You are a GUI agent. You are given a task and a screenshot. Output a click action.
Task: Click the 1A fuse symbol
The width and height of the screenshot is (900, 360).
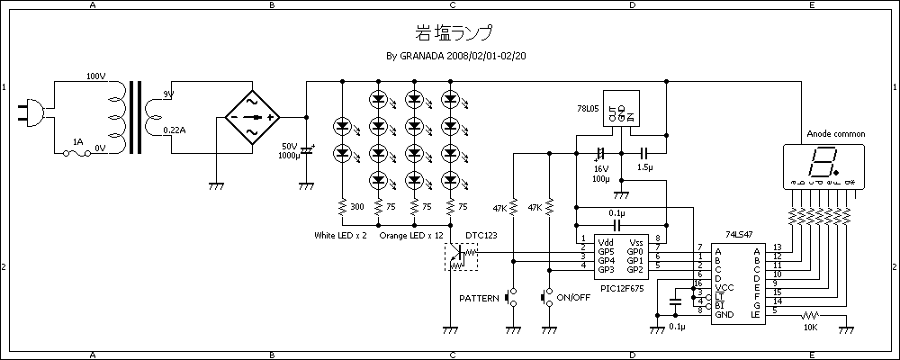pyautogui.click(x=78, y=154)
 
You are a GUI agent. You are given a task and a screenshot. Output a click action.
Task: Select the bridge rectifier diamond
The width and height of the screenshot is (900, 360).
pyautogui.click(x=251, y=118)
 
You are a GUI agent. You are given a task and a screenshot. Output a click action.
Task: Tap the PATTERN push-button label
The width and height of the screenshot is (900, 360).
pyautogui.click(x=479, y=298)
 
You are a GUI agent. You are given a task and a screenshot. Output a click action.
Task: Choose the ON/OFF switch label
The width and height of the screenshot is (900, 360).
pyautogui.click(x=573, y=298)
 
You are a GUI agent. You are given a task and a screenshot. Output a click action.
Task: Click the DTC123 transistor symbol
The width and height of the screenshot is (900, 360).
pyautogui.click(x=462, y=256)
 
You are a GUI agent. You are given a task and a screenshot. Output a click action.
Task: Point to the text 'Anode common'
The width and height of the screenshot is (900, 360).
pyautogui.click(x=836, y=134)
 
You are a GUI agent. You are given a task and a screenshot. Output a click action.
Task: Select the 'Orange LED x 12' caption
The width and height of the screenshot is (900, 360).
pyautogui.click(x=412, y=236)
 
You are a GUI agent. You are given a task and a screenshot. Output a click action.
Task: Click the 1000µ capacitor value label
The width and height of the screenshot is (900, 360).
pyautogui.click(x=289, y=156)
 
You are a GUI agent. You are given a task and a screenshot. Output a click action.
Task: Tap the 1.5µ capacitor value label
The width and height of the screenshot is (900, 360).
pyautogui.click(x=645, y=167)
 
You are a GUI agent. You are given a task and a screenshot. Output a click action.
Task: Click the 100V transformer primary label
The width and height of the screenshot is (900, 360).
pyautogui.click(x=96, y=76)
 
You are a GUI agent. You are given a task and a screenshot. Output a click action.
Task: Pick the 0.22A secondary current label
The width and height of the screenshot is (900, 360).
pyautogui.click(x=175, y=130)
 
